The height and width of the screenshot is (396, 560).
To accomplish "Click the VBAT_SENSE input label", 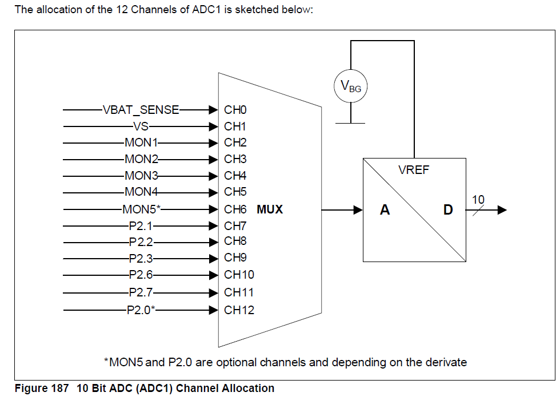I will point(141,110).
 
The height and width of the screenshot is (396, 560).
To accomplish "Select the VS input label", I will point(141,126).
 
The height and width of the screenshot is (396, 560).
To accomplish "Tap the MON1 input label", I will point(141,143).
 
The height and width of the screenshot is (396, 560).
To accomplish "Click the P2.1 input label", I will point(141,226).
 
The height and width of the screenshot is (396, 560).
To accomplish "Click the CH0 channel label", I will point(235,110).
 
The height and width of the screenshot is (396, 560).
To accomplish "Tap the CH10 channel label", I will point(239,275).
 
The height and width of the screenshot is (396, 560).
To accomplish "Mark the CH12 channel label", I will point(239,310).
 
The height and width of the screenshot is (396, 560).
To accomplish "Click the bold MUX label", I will point(270,209).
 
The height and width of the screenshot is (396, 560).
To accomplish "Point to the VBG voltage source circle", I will point(350,87).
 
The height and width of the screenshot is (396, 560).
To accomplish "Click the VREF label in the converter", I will point(413,171).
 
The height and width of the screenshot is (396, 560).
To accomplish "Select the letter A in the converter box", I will point(385,210).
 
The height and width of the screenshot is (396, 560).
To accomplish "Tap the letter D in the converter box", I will point(448,210).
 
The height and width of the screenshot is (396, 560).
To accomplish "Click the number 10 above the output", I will point(478,199).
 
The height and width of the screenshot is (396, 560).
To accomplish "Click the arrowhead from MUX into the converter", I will point(358,210).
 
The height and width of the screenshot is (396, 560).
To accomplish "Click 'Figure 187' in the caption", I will point(38,389).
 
